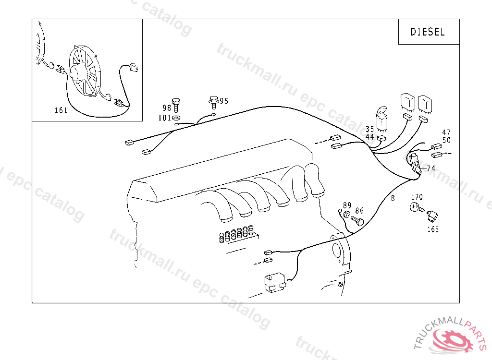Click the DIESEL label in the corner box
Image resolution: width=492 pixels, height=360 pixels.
pyautogui.click(x=427, y=32)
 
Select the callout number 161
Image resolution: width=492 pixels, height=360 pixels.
pyautogui.click(x=61, y=110)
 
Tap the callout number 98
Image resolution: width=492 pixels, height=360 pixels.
pyautogui.click(x=167, y=108)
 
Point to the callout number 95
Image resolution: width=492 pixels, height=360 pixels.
pyautogui.click(x=224, y=101)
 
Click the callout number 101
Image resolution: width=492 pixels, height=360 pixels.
pyautogui.click(x=164, y=118)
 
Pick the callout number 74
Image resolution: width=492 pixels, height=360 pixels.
pyautogui.click(x=431, y=168)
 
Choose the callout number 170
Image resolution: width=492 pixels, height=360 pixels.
pyautogui.click(x=417, y=197)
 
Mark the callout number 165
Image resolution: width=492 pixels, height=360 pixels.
pyautogui.click(x=433, y=229)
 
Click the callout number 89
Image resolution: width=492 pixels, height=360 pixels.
pyautogui.click(x=347, y=205)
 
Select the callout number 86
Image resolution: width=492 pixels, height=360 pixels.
pyautogui.click(x=359, y=210)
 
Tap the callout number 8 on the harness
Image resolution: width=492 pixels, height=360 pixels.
pyautogui.click(x=393, y=198)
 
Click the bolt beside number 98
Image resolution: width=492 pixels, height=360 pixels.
pyautogui.click(x=176, y=105)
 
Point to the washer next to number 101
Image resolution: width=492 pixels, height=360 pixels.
pyautogui.click(x=176, y=118)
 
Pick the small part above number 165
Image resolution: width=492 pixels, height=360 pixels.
pyautogui.click(x=432, y=216)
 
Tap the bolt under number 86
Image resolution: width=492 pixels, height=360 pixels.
pyautogui.click(x=357, y=220)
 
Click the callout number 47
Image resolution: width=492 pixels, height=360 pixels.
pyautogui.click(x=446, y=132)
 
